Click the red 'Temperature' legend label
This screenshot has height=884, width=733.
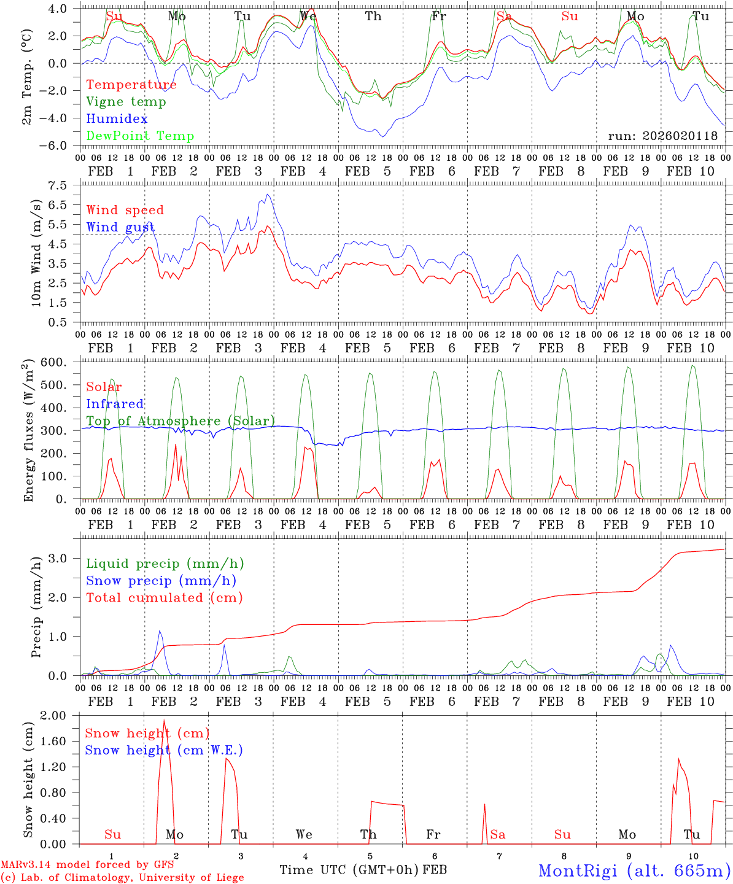point(131,85)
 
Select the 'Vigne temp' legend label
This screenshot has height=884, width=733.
point(126,102)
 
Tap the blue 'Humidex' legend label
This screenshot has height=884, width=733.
point(117,119)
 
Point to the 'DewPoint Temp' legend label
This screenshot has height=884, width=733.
point(140,136)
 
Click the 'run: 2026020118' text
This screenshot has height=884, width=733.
point(662,136)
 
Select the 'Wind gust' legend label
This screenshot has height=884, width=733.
point(120,227)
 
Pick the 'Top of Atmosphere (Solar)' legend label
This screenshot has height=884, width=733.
point(180,421)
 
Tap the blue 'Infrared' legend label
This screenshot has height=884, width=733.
point(115,404)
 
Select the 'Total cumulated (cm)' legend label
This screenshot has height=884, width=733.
point(165,598)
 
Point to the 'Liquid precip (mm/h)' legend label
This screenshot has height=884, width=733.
point(165,564)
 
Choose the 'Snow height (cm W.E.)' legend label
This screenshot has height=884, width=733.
point(164,750)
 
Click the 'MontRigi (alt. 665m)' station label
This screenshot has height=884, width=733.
point(634,870)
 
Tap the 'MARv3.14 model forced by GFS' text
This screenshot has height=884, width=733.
point(87,865)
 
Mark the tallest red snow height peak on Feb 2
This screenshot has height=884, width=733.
point(164,721)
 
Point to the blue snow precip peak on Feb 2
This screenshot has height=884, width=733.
point(160,630)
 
